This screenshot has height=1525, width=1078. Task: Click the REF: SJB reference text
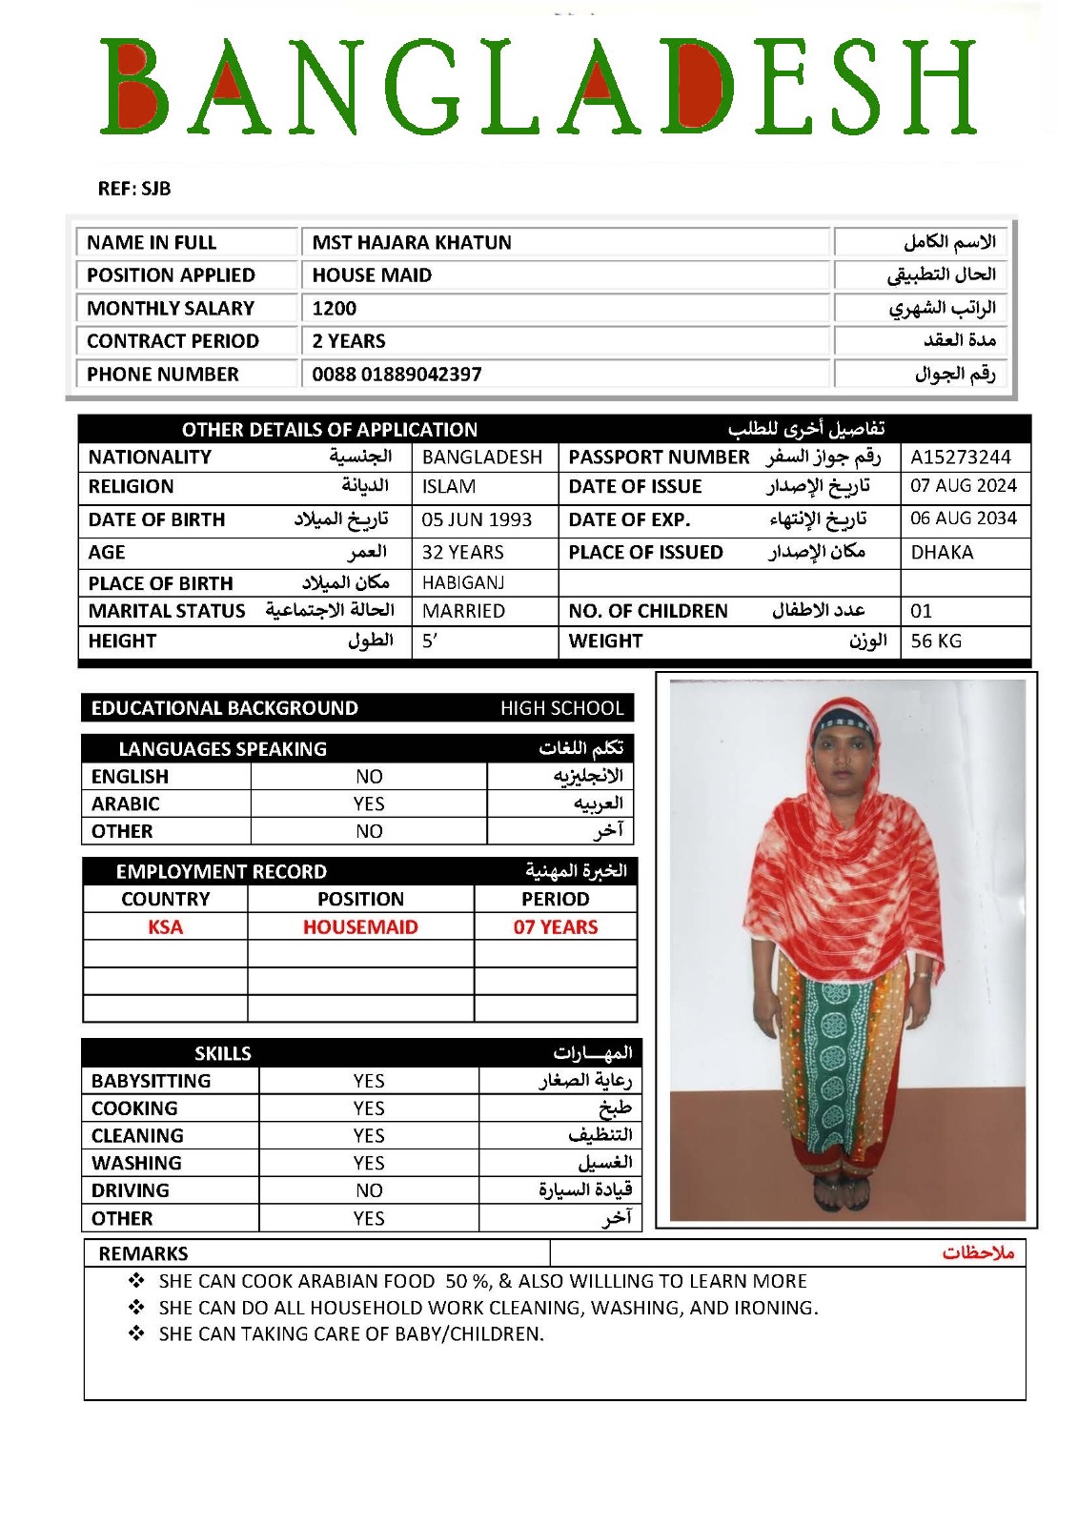coord(134,189)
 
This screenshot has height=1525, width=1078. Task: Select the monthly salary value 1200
coord(335,308)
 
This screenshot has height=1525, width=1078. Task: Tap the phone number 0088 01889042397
coord(397,374)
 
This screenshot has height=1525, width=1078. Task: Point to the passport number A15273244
coord(960,457)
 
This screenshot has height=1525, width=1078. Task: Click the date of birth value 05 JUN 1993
coord(477,519)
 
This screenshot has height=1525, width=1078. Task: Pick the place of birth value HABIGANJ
coord(463,582)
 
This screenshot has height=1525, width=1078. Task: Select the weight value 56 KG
coord(936,640)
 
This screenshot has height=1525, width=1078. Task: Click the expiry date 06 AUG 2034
coord(963,518)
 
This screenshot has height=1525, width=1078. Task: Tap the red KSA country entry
coord(165,926)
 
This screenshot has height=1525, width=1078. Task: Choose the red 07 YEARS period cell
coord(556,926)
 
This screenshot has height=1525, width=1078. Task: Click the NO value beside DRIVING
coord(369,1190)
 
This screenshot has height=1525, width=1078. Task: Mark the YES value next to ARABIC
coord(369,803)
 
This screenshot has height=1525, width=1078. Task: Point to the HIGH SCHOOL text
coord(561,708)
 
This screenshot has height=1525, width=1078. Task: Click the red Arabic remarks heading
coord(978,1252)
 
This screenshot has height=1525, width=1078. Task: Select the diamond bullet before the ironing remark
coord(136,1307)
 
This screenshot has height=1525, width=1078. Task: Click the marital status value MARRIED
coord(463,611)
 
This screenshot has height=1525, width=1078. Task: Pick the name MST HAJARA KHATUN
coord(412,242)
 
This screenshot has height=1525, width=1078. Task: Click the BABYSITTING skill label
coord(151,1081)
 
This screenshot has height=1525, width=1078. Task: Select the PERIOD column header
coord(555,899)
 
